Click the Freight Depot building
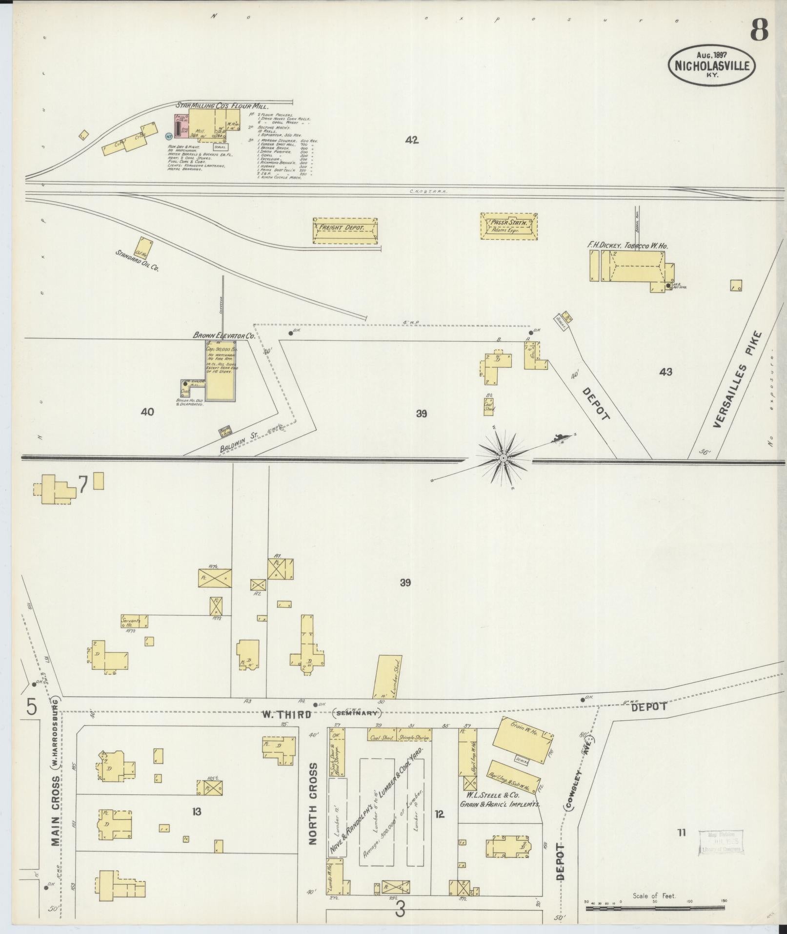(x=344, y=230)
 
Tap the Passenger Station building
(x=508, y=226)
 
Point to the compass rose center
(x=502, y=458)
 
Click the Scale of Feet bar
(x=654, y=909)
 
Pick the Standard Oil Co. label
(x=137, y=261)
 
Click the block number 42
(x=412, y=140)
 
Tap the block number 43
(x=666, y=372)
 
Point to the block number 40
(x=147, y=412)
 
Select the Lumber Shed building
(x=388, y=677)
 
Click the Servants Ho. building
(x=135, y=621)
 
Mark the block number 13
(x=197, y=812)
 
